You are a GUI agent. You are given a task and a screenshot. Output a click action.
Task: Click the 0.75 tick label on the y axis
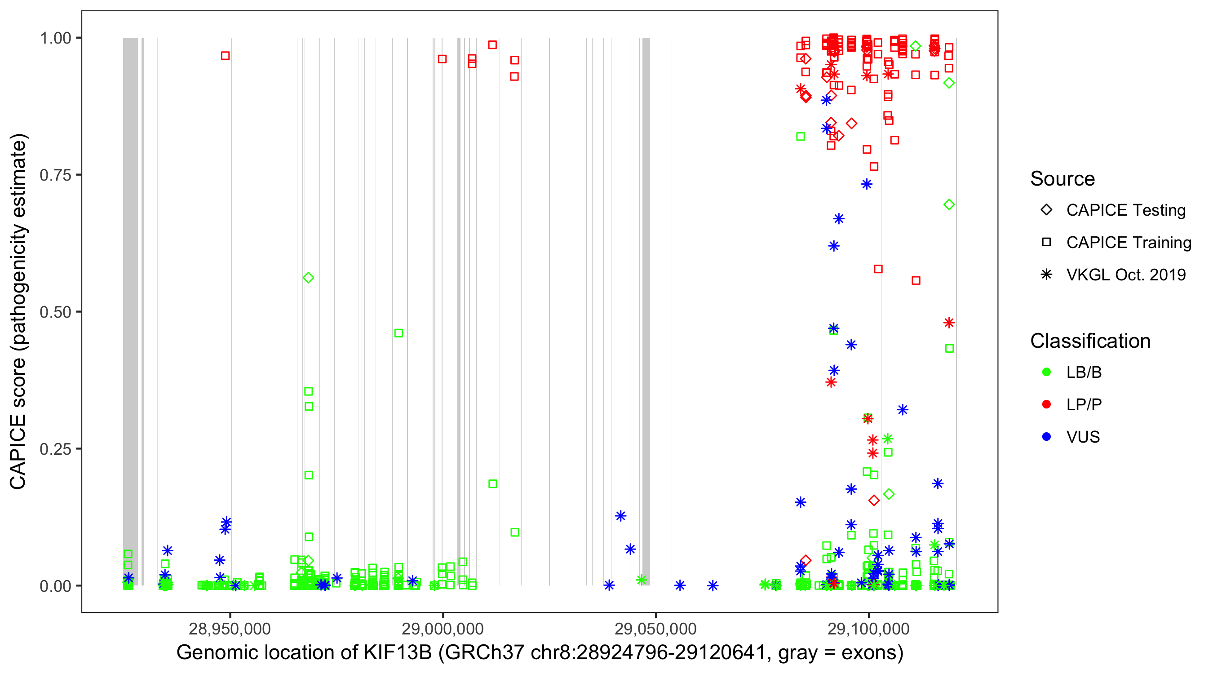55,175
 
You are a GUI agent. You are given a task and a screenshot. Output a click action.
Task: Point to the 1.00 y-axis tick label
55,38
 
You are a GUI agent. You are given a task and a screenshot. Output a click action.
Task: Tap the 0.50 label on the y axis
55,312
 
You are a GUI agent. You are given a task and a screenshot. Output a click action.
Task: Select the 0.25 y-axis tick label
55,449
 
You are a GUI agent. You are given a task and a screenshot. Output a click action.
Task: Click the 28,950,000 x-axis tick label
230,629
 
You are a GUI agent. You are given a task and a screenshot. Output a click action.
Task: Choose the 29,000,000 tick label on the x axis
443,629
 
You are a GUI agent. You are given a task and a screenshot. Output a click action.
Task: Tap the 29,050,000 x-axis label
655,629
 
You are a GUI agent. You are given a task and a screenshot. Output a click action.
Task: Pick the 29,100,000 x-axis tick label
868,629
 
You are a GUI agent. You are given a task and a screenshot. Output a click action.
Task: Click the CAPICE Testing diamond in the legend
1046,210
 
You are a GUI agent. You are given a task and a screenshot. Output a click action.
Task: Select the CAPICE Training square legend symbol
1046,243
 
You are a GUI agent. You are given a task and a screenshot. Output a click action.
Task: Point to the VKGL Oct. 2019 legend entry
1125,275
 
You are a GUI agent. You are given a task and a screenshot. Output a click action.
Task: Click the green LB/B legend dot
1046,372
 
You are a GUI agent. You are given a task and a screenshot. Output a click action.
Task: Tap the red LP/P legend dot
1046,404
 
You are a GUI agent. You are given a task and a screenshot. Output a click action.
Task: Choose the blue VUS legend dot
1046,437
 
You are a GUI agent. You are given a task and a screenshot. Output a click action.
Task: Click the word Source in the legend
1062,179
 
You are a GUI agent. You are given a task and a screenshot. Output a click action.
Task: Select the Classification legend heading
1090,341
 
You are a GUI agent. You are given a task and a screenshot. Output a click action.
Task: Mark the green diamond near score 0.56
309,278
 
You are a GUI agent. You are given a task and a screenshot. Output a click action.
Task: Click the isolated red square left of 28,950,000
226,56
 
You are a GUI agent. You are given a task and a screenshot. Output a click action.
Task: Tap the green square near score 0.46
398,333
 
